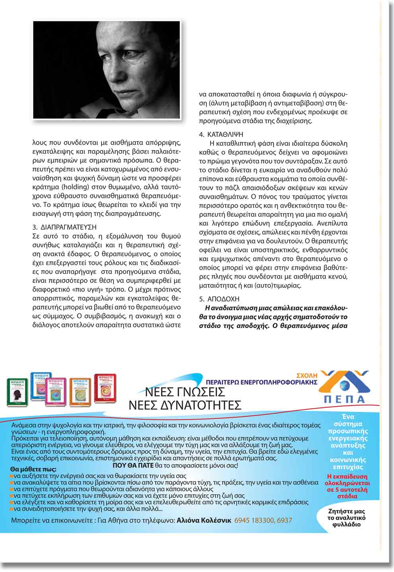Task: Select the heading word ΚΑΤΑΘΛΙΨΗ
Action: coord(225,134)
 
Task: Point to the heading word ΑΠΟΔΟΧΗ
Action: coord(223,299)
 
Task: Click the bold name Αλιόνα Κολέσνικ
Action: coord(204,520)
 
